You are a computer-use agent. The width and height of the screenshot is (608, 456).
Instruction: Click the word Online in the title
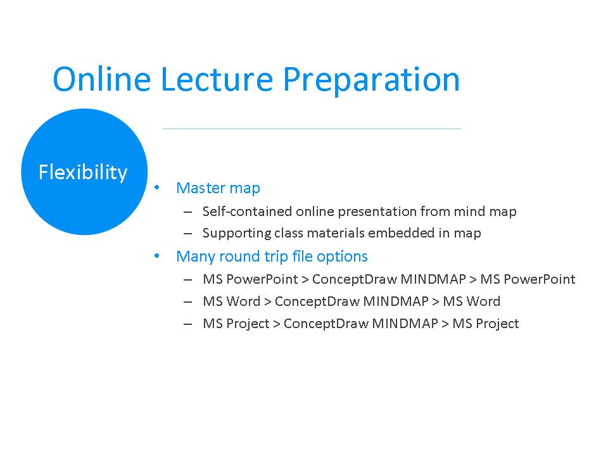[101, 79]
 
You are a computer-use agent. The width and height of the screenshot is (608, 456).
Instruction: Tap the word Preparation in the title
[371, 80]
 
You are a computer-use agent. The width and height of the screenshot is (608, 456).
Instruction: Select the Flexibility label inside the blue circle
[83, 172]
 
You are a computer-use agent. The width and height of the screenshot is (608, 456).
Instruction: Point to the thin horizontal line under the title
[312, 129]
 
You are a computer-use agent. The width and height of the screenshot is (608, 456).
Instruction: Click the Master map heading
[218, 188]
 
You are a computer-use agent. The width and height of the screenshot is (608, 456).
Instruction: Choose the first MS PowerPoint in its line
[250, 279]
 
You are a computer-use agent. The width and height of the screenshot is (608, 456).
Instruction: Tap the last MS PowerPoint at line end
[528, 279]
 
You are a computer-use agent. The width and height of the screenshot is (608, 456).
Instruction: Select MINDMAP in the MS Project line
[405, 324]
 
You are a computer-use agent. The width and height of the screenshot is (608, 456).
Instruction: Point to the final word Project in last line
[497, 324]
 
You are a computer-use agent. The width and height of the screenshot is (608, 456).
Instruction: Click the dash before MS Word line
[187, 301]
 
